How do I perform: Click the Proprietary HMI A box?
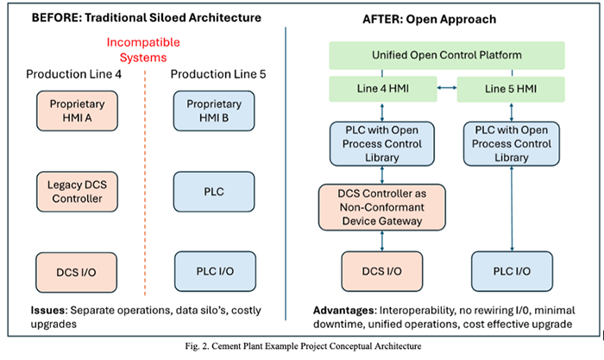click(77, 111)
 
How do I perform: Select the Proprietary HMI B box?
click(214, 111)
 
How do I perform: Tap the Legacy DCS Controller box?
click(77, 192)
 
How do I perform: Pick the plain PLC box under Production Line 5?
click(214, 192)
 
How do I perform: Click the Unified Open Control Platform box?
click(447, 55)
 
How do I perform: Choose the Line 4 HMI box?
click(383, 89)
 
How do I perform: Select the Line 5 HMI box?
click(511, 89)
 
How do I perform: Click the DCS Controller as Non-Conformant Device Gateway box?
click(382, 207)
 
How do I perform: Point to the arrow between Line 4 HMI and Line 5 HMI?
click(447, 88)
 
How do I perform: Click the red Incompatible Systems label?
click(143, 50)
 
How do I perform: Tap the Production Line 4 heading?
click(73, 74)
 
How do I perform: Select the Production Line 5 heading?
click(218, 74)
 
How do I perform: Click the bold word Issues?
click(47, 310)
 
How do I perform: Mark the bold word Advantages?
click(344, 311)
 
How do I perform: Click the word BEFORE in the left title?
click(57, 18)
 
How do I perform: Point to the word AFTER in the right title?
click(383, 19)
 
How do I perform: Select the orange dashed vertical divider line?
click(145, 183)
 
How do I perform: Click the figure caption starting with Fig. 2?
click(303, 346)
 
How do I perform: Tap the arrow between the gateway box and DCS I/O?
click(382, 241)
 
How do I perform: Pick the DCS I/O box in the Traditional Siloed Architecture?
click(76, 273)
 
